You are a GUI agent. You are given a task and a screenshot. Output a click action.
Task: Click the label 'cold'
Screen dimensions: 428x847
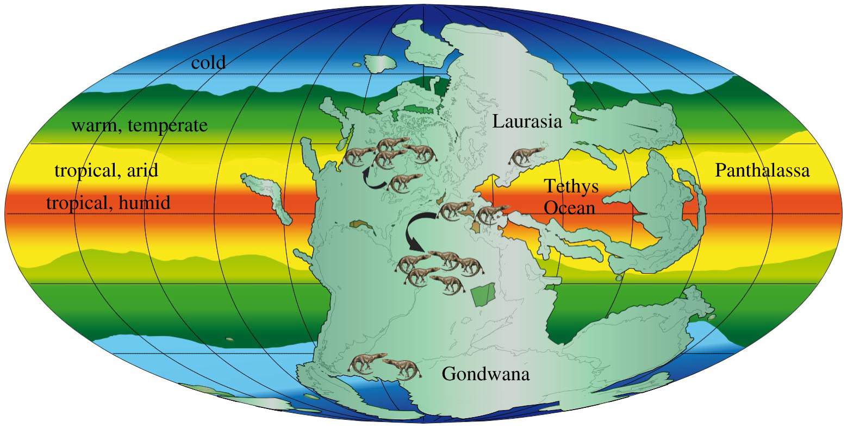(208, 63)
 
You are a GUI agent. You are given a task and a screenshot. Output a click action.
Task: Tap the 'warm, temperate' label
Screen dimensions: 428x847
(140, 126)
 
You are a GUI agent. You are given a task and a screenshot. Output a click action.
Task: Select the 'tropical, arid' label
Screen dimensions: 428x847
(107, 171)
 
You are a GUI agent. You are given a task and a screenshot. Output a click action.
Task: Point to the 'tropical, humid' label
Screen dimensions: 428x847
(108, 203)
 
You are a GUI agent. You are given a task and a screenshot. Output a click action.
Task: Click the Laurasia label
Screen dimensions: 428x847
(527, 122)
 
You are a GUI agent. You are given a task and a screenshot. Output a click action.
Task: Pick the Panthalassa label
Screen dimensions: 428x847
(762, 171)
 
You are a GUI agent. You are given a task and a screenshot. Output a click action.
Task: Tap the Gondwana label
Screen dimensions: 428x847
(485, 374)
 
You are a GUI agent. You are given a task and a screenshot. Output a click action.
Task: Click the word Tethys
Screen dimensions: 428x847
(571, 186)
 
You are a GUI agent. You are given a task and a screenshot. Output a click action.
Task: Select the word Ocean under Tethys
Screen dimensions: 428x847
(570, 207)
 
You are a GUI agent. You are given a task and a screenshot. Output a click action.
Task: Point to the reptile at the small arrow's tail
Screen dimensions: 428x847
(404, 182)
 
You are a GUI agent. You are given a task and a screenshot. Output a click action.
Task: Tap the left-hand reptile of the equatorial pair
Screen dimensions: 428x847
(456, 210)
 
